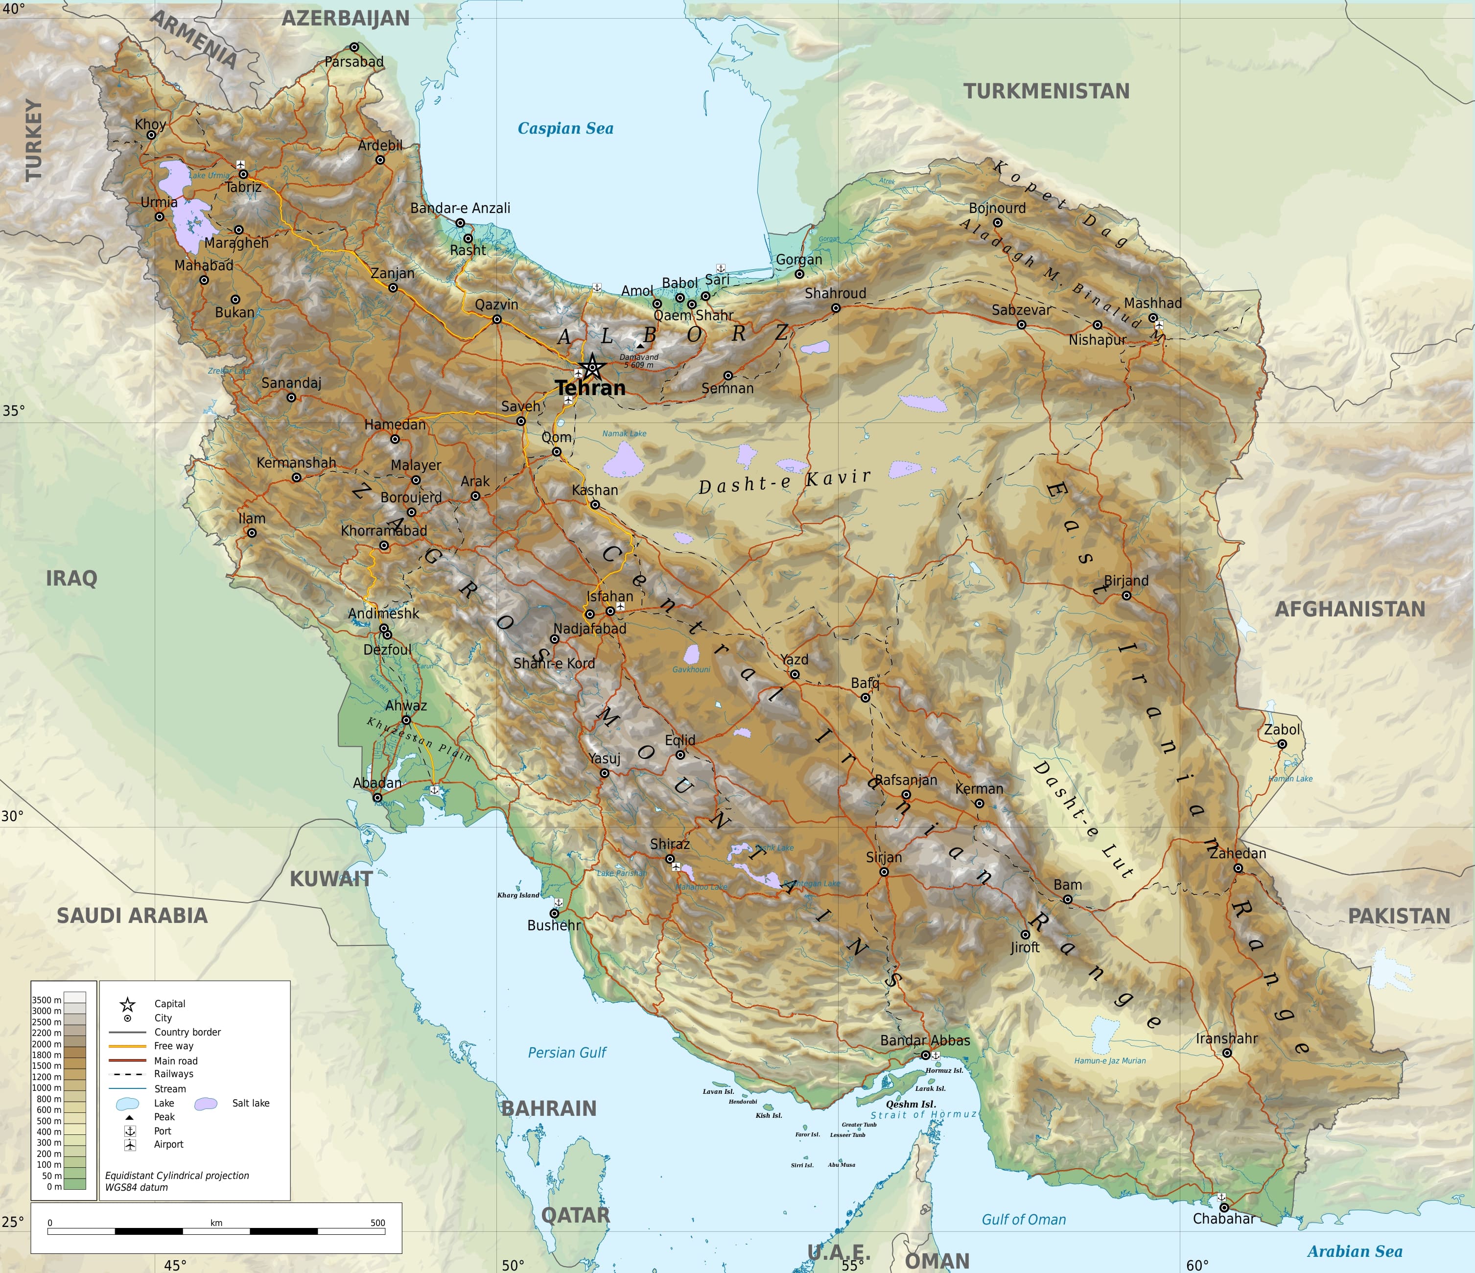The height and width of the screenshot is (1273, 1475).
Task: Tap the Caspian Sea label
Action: point(565,128)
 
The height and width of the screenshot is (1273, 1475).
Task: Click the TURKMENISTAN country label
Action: point(1047,91)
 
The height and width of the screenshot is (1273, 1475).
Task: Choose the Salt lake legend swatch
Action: point(206,1104)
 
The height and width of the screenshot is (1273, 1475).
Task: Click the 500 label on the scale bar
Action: point(377,1223)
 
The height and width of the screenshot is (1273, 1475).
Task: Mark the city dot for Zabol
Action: point(1281,744)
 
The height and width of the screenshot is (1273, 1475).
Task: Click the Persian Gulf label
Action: point(567,1052)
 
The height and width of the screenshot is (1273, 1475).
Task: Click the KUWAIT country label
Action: point(330,878)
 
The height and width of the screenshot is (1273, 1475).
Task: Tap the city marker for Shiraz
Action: point(670,859)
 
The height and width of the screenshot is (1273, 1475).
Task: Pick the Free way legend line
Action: point(127,1046)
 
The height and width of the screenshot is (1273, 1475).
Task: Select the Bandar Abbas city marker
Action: point(925,1055)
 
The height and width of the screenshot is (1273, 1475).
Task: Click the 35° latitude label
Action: point(13,411)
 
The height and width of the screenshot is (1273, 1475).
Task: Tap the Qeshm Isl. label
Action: point(911,1104)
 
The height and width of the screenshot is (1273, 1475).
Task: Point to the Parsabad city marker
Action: point(354,47)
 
